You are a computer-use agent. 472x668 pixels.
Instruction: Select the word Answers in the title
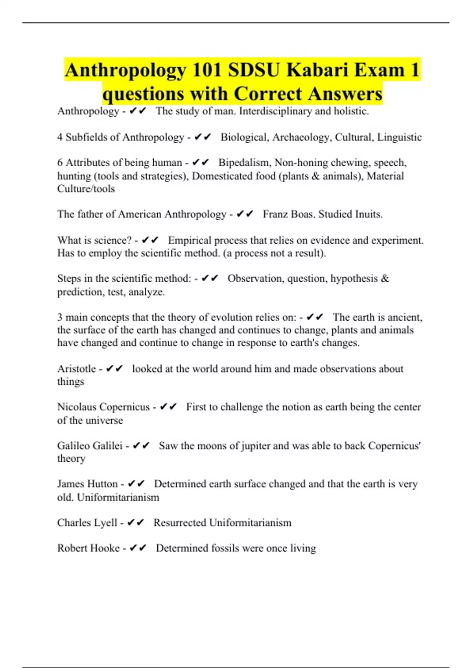click(x=345, y=94)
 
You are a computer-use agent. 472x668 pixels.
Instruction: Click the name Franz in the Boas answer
click(x=276, y=214)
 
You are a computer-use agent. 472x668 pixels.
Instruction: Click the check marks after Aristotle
click(x=114, y=369)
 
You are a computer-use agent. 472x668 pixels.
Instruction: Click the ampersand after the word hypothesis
click(x=385, y=279)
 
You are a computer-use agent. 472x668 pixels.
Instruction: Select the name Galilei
click(x=107, y=446)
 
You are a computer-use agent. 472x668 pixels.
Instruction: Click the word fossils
click(x=228, y=548)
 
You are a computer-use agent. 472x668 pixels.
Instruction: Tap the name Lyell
click(x=106, y=523)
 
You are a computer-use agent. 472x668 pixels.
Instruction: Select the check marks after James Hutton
click(x=136, y=484)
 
